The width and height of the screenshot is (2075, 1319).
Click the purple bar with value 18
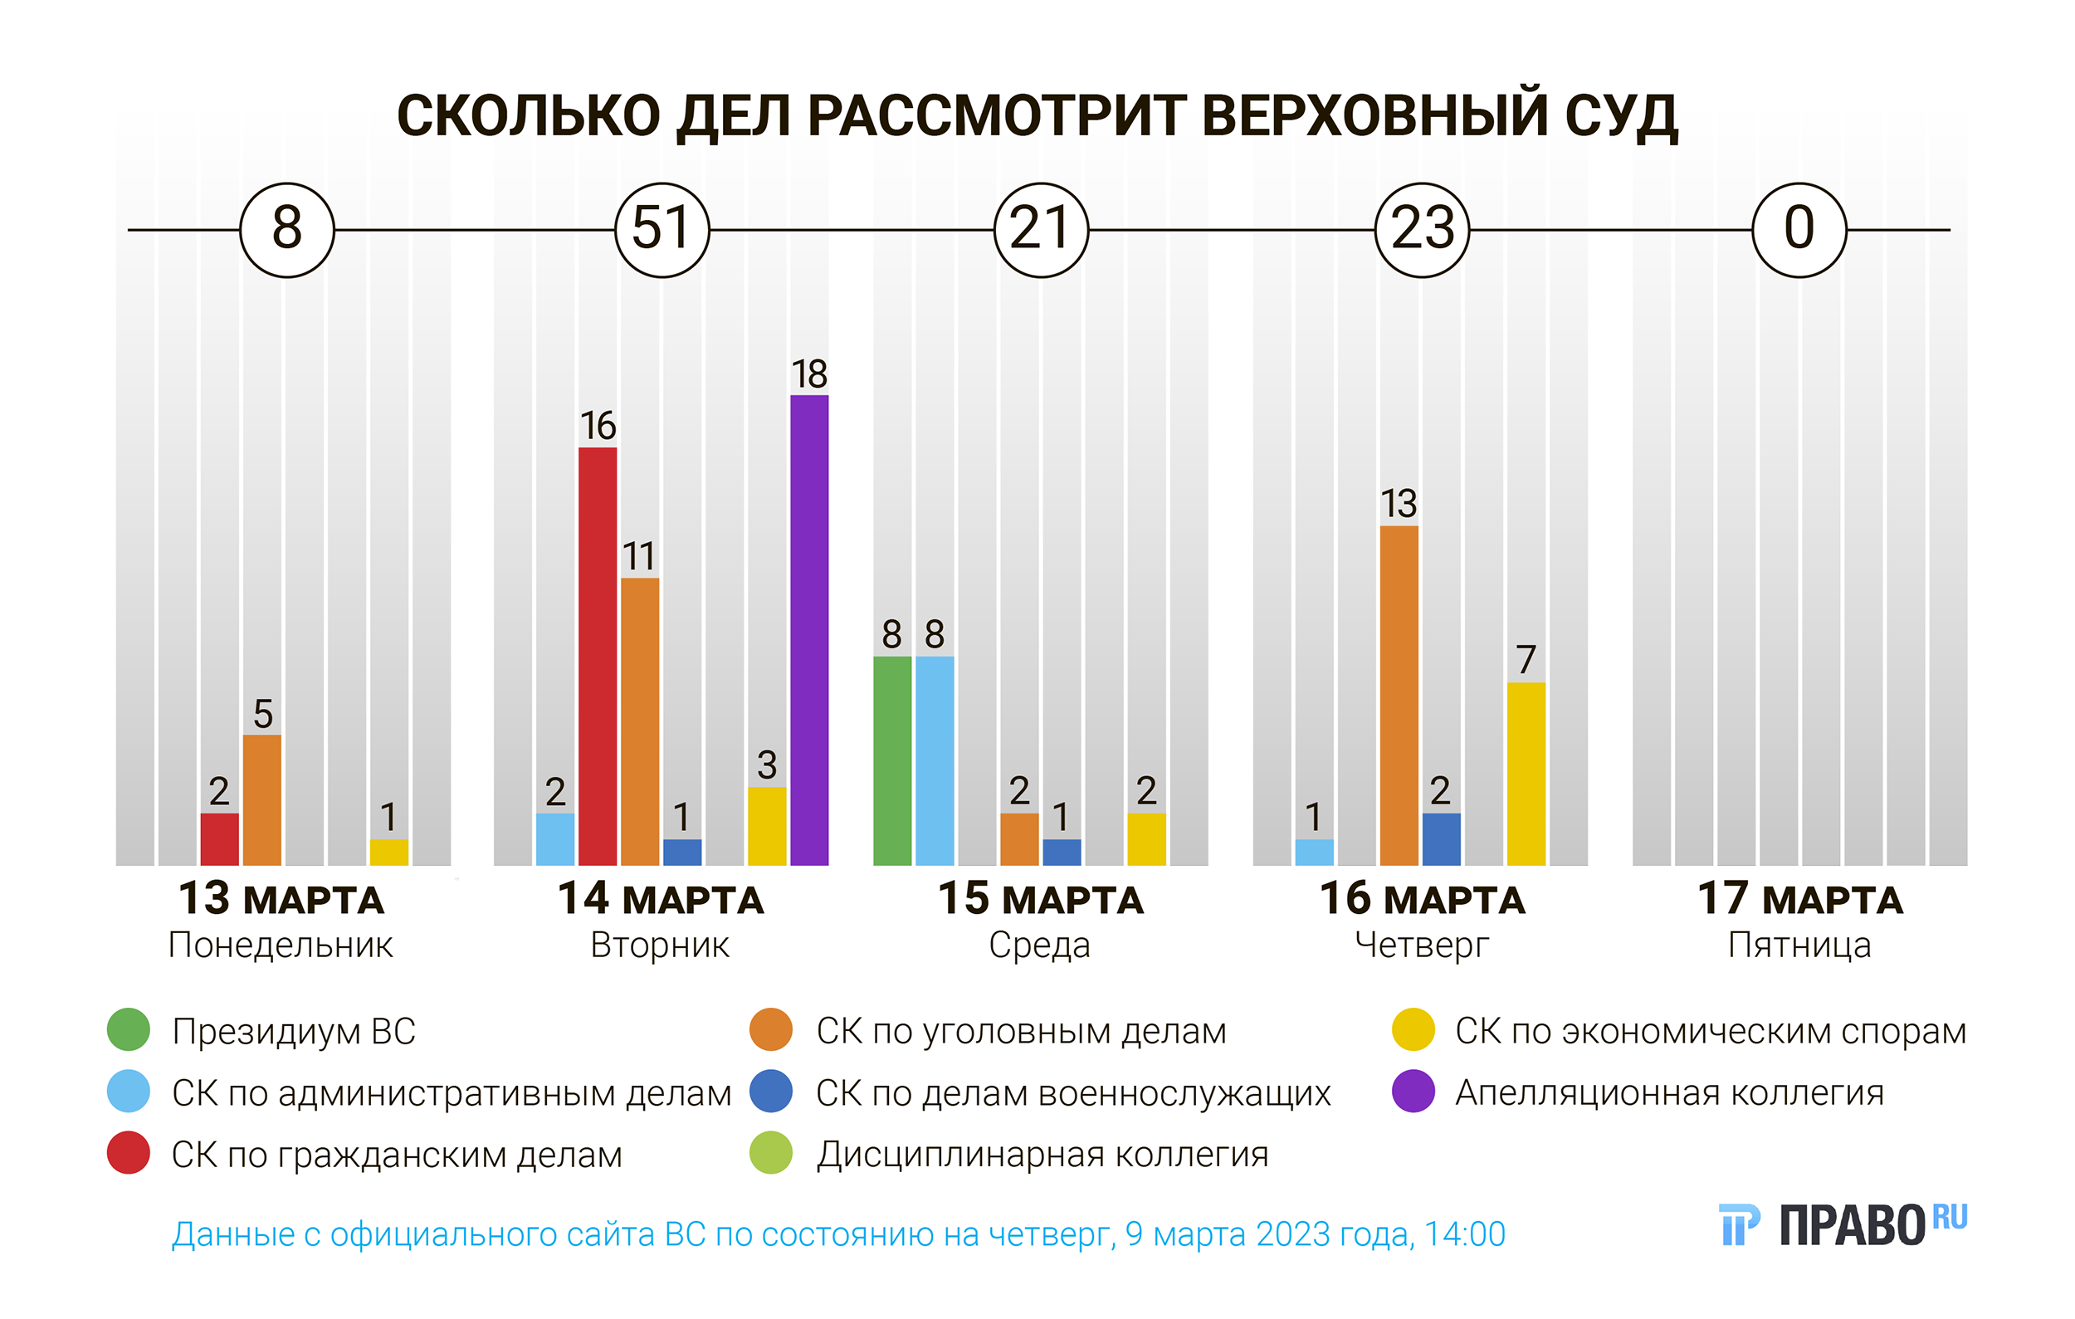808,630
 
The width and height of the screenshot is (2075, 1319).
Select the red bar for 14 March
597,656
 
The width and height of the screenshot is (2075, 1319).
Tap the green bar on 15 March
892,760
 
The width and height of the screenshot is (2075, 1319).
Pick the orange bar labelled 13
1398,695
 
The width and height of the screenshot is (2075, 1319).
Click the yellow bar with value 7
1526,773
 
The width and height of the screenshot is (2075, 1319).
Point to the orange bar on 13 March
262,799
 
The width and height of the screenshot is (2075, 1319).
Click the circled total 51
662,229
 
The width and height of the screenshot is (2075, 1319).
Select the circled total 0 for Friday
1799,229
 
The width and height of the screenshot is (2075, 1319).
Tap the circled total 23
1422,229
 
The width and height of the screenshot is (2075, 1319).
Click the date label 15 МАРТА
1040,899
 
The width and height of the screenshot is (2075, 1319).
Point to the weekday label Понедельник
280,945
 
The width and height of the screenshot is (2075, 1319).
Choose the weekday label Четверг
1422,945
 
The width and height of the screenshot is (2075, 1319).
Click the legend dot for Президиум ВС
129,1029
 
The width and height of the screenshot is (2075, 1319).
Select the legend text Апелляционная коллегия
1669,1092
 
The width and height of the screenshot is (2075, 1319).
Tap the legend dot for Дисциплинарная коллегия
770,1153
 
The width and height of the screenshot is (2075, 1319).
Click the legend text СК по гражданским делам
397,1155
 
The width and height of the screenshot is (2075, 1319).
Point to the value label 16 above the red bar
597,426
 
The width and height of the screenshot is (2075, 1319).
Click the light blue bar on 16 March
1313,851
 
